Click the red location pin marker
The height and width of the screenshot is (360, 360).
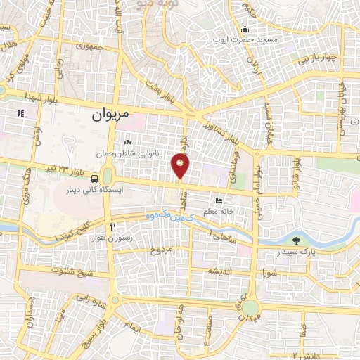[x=181, y=165]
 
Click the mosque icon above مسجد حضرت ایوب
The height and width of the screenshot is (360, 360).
[x=244, y=30]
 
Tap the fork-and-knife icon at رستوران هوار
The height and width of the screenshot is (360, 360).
[x=112, y=227]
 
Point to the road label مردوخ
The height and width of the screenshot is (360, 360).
[x=162, y=250]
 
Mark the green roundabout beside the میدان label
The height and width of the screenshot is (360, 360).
[x=250, y=308]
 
